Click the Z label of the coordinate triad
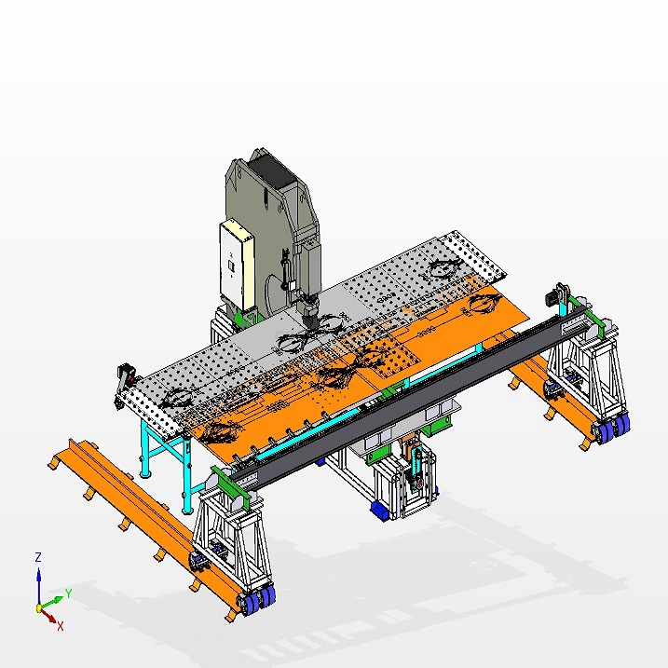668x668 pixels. [x=38, y=557]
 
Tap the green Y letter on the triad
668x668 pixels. [x=68, y=593]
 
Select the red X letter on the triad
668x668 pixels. [x=60, y=626]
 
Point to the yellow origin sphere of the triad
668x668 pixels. [x=39, y=608]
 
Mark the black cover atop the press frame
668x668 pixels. [x=272, y=171]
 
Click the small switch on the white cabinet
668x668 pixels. [x=231, y=266]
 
